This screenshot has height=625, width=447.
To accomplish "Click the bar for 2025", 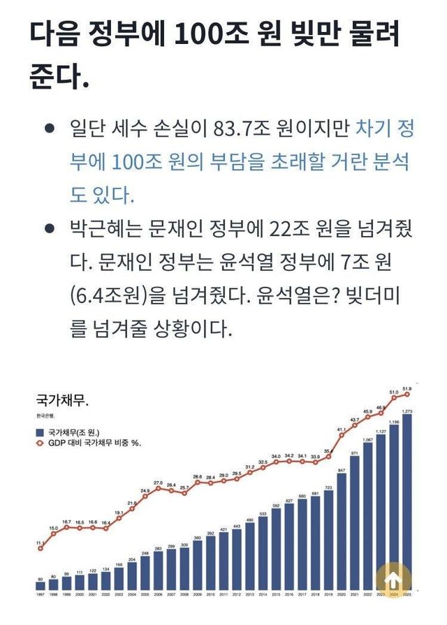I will click(x=406, y=503).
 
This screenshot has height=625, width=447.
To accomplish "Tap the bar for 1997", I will click(x=40, y=585).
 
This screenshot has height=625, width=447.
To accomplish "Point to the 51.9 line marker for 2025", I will click(x=407, y=395).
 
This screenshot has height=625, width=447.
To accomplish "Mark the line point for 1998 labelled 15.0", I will click(x=53, y=534).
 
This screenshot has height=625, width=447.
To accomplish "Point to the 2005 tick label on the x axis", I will click(x=145, y=594).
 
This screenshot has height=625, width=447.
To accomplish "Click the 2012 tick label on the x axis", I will click(x=236, y=594).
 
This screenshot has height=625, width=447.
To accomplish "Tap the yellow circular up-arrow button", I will click(x=393, y=578).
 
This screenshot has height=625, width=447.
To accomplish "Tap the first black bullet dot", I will click(x=49, y=128).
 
